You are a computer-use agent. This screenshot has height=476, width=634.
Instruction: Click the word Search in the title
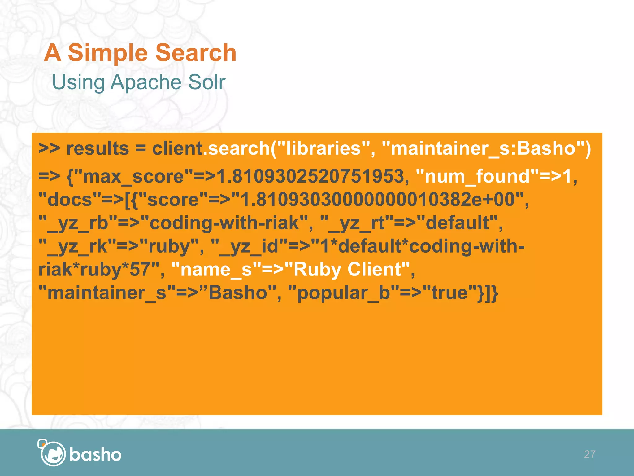pos(196,53)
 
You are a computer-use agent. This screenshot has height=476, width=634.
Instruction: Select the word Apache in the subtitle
pos(146,82)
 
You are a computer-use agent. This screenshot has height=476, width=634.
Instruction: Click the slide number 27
pos(589,454)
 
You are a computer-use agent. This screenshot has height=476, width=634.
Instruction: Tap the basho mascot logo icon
pos(52,453)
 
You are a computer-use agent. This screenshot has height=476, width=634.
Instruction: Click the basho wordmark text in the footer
pos(95,455)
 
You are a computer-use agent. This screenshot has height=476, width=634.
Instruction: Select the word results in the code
pos(98,148)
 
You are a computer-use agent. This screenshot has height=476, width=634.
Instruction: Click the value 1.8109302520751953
pos(310,177)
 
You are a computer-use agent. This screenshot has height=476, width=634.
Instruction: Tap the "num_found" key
pos(477,177)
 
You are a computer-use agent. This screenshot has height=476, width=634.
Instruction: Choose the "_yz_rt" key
pos(353,223)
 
